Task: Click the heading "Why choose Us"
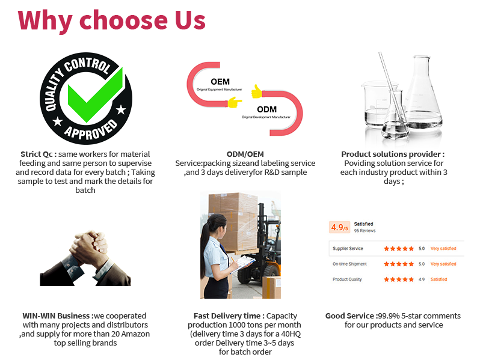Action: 112,19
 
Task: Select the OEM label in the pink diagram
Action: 220,81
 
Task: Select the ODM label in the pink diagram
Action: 266,109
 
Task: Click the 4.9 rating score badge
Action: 339,227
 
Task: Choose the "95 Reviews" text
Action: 365,231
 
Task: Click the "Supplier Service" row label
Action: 348,248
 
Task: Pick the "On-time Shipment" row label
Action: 349,264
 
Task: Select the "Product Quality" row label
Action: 348,279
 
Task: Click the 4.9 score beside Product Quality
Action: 421,279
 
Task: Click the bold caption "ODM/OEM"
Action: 245,154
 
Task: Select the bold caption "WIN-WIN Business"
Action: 58,316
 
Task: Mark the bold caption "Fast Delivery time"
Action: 228,316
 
